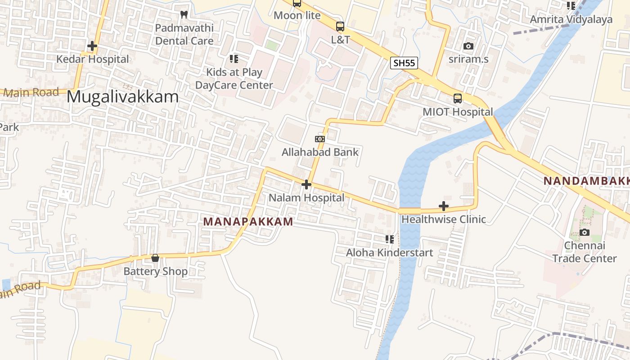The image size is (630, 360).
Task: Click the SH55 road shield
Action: coord(404,63)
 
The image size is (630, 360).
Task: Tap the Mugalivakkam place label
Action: coord(122,97)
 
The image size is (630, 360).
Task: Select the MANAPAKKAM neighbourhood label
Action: coord(248,221)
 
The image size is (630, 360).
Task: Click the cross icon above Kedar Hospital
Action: coord(92,46)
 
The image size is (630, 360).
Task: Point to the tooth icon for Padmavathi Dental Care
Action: coord(184,14)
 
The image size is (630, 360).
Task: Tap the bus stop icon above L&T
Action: coord(340,27)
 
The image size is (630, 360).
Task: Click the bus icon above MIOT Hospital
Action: coord(458,99)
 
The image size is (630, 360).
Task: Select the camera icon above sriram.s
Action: coord(468,46)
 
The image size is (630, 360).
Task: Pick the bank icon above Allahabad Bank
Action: coord(320,139)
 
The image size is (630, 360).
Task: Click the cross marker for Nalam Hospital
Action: coord(306,184)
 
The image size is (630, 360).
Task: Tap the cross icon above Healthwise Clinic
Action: coord(444,206)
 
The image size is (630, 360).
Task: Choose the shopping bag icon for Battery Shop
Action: coord(155,258)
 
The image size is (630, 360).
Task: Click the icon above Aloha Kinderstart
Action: coord(390,239)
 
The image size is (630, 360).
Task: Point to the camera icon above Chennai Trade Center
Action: coord(585,232)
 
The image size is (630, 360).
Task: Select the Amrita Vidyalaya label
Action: coord(571,19)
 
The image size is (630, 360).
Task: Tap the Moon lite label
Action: coord(297,15)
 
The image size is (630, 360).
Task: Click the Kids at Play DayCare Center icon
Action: coord(234,59)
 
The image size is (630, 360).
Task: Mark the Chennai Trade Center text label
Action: coord(585,252)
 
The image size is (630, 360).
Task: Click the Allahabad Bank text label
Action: coord(320,152)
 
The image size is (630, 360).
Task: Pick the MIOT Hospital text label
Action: coord(458,112)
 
